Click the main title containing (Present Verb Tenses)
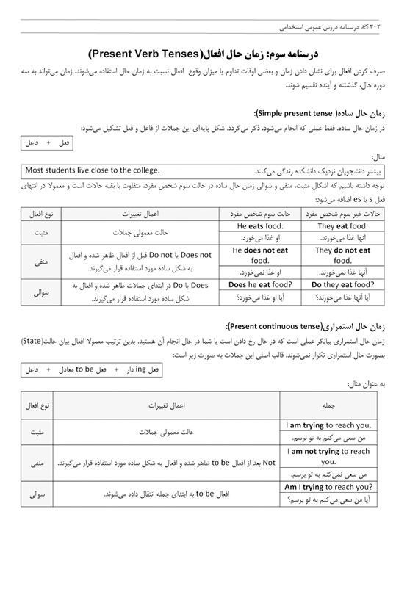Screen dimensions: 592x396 (198, 55)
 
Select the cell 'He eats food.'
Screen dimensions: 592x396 (259, 226)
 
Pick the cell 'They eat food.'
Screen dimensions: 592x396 (342, 226)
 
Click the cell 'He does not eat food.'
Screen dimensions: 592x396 (259, 255)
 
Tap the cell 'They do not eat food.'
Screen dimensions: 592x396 (342, 255)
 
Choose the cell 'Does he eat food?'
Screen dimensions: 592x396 (259, 284)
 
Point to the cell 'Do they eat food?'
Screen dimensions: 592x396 (342, 284)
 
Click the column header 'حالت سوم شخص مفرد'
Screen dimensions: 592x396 (259, 213)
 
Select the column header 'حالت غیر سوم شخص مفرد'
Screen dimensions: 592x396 (342, 213)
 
